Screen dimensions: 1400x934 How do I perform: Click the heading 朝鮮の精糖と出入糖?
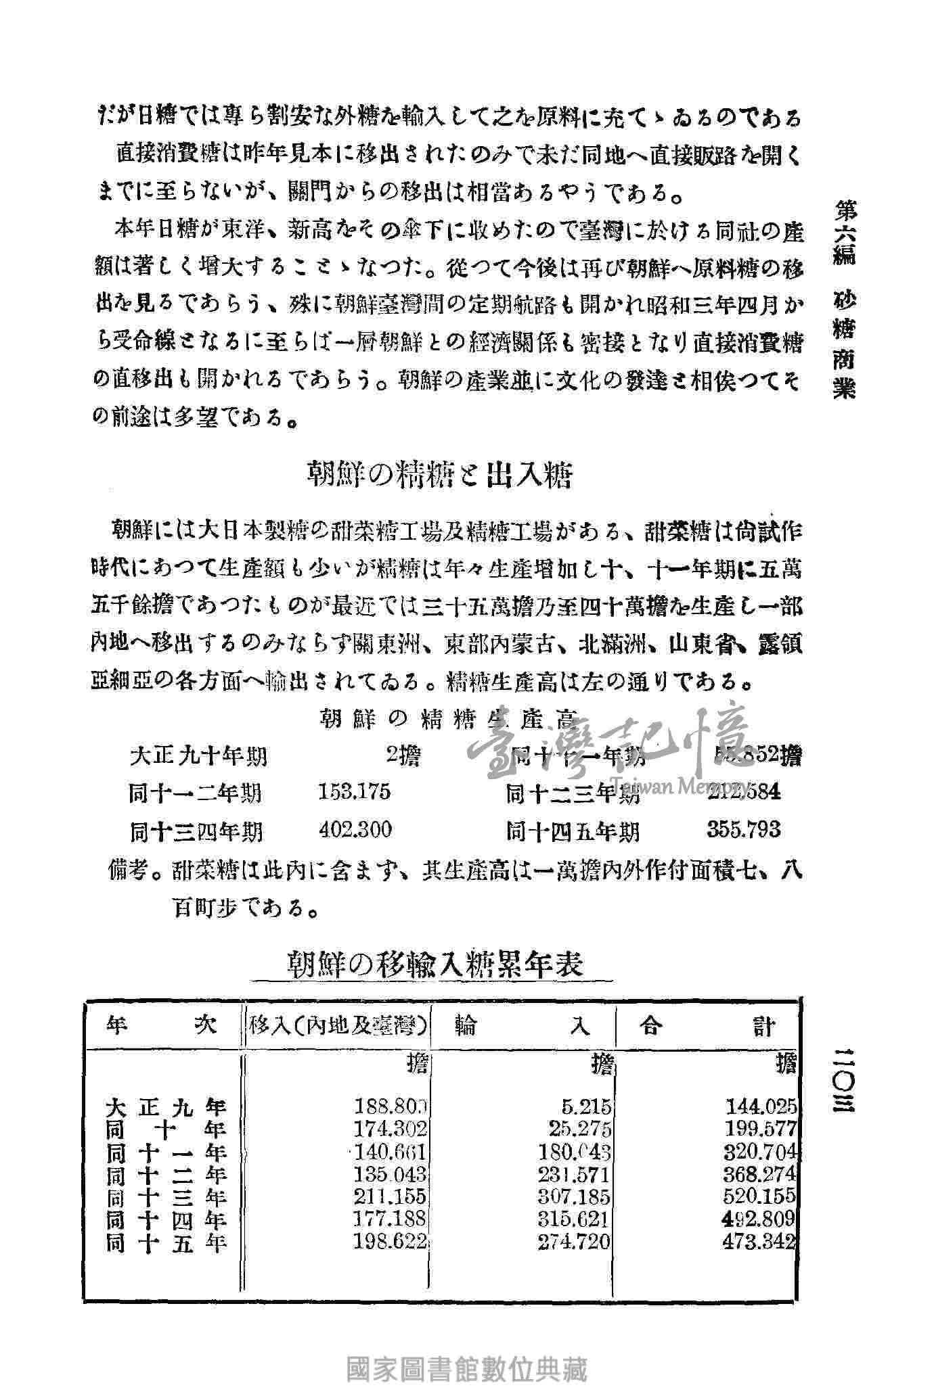[x=440, y=475]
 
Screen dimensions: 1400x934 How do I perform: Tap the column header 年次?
[x=162, y=1026]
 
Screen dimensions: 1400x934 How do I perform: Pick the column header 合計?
[x=707, y=1027]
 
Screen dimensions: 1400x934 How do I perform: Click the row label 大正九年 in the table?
[x=166, y=1107]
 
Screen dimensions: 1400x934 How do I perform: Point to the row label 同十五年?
[x=166, y=1242]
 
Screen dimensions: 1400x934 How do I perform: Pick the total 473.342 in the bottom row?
[x=759, y=1242]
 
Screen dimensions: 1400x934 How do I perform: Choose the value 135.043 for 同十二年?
[x=391, y=1173]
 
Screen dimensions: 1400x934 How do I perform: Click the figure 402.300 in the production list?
[x=355, y=829]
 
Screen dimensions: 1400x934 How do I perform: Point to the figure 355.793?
[x=744, y=829]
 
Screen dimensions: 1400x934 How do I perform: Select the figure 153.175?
[x=354, y=791]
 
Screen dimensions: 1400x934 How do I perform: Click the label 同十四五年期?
[x=573, y=831]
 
